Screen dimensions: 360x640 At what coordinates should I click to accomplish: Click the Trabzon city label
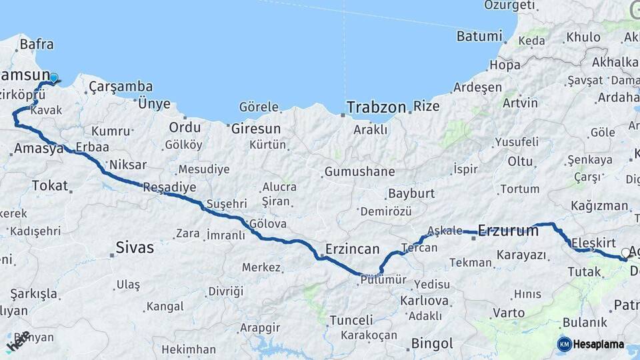click(376, 107)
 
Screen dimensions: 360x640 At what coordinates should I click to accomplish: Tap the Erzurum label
click(508, 231)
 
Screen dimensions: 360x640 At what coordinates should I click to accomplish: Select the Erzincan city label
click(352, 249)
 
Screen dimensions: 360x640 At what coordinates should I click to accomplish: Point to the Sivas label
click(135, 248)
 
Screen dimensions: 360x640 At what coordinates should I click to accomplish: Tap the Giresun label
click(256, 128)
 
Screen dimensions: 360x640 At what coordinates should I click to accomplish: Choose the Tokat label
click(50, 185)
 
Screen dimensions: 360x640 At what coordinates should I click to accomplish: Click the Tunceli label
click(351, 320)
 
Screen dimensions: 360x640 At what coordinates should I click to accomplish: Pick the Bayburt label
click(411, 194)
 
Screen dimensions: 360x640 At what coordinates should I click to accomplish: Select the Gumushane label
click(359, 172)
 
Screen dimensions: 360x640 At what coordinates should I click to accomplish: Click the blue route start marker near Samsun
click(53, 78)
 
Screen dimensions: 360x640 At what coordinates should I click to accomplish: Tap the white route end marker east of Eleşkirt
click(625, 253)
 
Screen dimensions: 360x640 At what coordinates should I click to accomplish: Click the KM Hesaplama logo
click(591, 344)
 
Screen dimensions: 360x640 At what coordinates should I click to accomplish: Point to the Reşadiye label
click(170, 187)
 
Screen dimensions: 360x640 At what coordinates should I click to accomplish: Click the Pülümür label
click(383, 280)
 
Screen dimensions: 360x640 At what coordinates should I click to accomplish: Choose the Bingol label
click(432, 344)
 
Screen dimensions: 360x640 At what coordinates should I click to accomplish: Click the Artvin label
click(520, 103)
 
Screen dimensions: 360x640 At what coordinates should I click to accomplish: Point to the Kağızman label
click(599, 205)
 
